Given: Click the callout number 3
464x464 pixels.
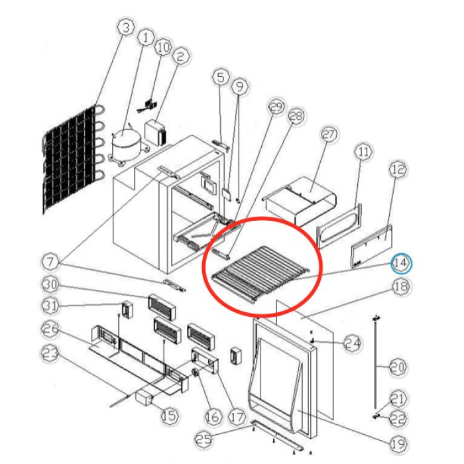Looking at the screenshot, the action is point(126,28).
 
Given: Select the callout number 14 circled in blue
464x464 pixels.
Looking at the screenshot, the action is point(400,262).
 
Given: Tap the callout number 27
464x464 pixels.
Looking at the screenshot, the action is point(329,135).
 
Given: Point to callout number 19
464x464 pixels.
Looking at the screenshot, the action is point(398,443).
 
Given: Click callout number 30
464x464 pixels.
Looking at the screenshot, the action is point(51,284).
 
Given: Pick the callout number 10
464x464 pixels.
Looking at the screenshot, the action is point(163,47).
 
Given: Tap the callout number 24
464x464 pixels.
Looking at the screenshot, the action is point(352,343).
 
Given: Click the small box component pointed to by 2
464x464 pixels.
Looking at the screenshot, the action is point(154,132).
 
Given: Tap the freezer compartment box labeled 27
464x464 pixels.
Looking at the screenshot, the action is point(300,200).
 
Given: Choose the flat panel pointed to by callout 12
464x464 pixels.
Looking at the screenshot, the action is point(372,246).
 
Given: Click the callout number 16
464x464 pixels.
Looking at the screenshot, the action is point(213,416).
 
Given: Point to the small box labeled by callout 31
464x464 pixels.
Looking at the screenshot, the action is point(127,310).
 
